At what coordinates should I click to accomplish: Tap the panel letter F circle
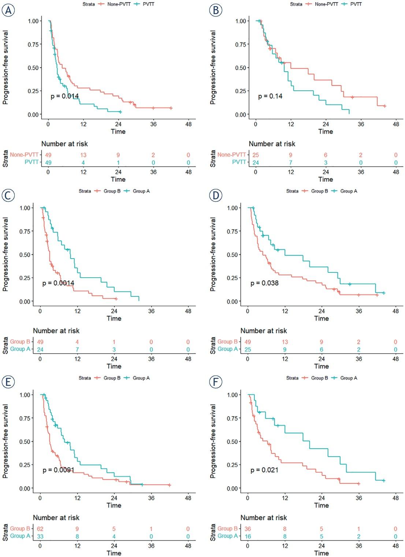(216, 384)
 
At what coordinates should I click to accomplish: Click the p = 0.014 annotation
(64, 97)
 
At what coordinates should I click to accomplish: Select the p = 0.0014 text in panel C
(58, 283)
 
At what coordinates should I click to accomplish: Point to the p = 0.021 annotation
(264, 470)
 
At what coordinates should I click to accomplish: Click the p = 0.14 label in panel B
(270, 97)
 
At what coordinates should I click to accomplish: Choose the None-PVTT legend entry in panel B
(324, 4)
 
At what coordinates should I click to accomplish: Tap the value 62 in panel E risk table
(40, 529)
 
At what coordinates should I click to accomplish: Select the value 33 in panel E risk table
(40, 537)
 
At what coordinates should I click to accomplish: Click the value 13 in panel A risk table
(83, 155)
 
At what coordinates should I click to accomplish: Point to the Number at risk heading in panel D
(264, 331)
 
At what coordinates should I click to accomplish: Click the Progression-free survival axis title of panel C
(5, 255)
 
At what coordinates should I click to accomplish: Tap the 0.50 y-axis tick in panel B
(241, 68)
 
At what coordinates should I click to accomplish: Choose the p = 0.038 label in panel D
(264, 283)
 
